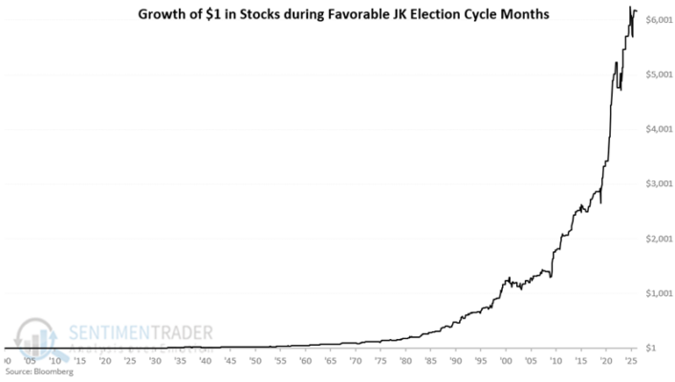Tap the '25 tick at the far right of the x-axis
click(x=630, y=364)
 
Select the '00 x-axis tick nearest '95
click(x=506, y=364)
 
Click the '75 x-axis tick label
click(x=381, y=364)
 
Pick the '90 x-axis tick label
click(x=455, y=364)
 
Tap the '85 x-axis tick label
click(x=430, y=364)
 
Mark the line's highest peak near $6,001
click(x=630, y=8)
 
